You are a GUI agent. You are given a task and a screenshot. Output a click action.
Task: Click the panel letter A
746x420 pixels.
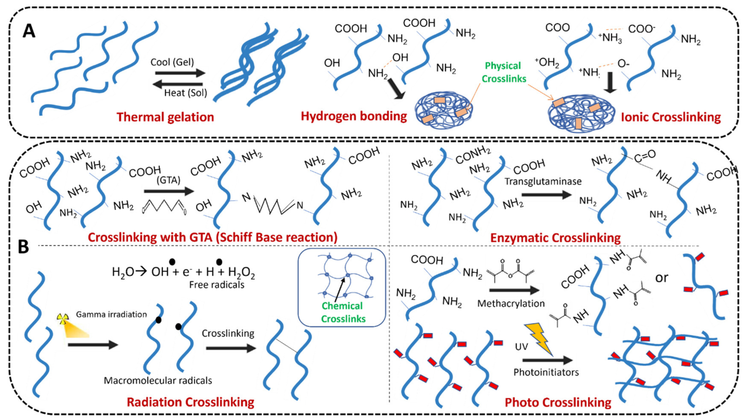coord(29,31)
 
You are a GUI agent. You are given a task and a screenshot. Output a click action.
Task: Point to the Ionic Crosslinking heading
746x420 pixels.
coord(671,117)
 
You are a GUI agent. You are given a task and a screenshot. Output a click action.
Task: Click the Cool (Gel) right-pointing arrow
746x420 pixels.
coord(180,73)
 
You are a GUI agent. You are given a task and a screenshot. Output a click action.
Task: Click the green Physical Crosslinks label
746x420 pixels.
coord(504,72)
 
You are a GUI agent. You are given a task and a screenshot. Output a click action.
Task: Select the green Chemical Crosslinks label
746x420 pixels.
coord(343,312)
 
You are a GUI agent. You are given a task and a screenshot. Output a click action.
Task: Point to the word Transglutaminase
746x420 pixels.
coord(543,182)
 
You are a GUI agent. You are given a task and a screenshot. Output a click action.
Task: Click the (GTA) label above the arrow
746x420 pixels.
coord(168,180)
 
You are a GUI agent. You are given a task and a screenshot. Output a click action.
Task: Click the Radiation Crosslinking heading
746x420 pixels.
coord(190,402)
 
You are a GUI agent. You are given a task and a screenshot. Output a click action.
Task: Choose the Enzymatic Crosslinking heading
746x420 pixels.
coord(555,238)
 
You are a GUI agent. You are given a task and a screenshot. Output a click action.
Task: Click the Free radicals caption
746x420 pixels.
coord(217,285)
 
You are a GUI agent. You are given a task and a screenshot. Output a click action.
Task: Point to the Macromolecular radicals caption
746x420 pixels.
coord(158,380)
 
